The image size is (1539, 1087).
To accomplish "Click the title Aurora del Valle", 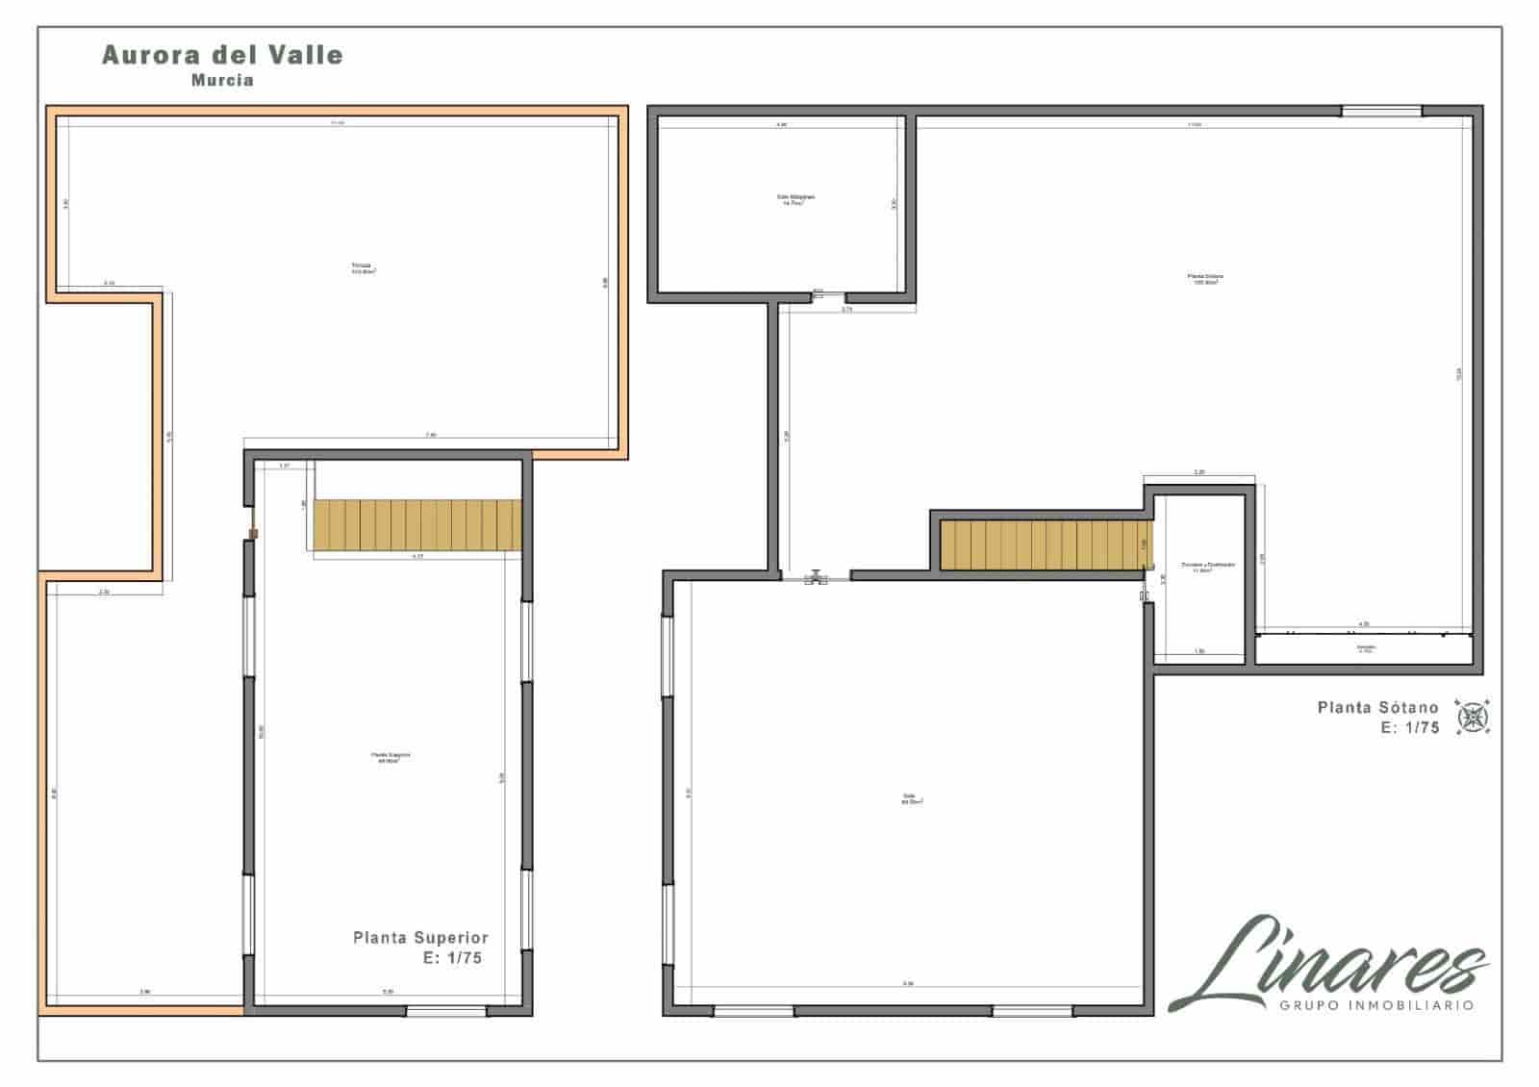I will (222, 55).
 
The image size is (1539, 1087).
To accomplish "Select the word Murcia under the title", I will (222, 81).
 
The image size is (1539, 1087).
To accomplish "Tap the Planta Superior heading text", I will (420, 937).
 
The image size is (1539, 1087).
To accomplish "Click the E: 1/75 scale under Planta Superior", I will (452, 958).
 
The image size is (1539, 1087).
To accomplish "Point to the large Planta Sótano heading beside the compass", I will (1377, 707).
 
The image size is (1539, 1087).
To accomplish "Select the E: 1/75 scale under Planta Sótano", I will (1410, 728).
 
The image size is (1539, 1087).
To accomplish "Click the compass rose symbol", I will (1472, 717).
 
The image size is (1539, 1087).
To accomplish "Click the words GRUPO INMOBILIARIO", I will (1376, 1005).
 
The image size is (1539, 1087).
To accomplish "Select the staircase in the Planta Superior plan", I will (416, 525).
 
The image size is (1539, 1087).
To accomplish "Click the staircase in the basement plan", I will (1045, 544).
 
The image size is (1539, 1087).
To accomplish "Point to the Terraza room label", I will (363, 268).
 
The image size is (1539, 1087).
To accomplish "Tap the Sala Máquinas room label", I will (795, 200).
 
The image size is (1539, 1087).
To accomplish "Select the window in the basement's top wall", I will (1381, 112).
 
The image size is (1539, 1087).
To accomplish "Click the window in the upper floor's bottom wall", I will (445, 1010).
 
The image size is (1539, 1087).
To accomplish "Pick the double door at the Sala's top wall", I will (817, 576).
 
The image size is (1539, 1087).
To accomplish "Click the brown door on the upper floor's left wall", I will (254, 533).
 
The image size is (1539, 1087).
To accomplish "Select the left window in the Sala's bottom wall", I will (754, 1010).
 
